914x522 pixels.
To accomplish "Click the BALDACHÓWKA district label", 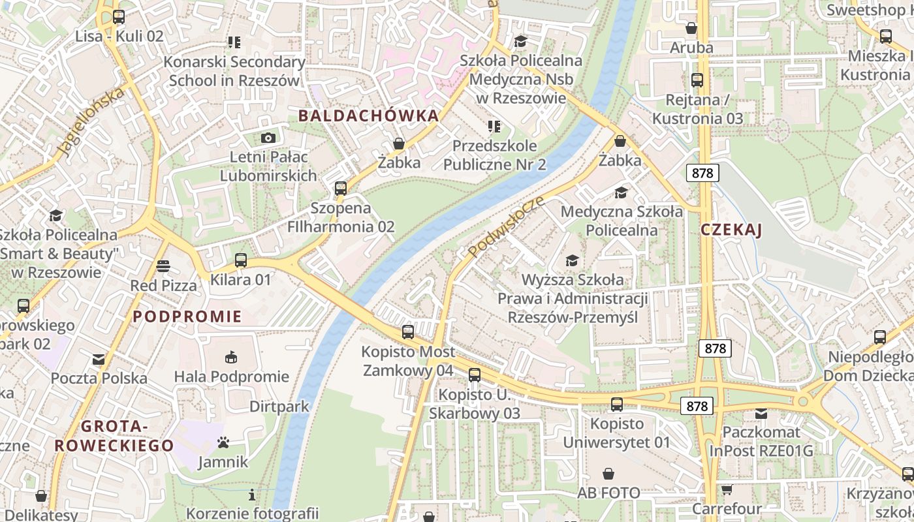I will coord(368,116).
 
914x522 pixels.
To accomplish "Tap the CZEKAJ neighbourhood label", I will coord(731,230).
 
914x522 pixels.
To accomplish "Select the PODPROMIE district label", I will coord(187,317).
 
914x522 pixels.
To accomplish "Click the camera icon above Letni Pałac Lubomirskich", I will coord(268,138).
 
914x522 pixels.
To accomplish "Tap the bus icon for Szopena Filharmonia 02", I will coord(340,189).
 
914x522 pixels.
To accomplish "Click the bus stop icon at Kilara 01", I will coord(240,260).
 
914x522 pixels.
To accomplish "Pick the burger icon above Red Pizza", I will coord(163,266).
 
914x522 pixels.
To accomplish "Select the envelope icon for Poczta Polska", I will coord(99,359).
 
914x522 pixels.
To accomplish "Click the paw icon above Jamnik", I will coord(223,443).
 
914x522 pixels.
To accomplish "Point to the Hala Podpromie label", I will coord(231,376).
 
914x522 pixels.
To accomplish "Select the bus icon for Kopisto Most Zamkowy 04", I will coord(408,332).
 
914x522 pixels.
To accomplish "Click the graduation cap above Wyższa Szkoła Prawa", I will coord(573,260).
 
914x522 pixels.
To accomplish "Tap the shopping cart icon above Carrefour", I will coord(727,489).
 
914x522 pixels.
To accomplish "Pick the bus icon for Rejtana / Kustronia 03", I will coord(697,80).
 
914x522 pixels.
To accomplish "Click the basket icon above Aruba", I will coord(691,28).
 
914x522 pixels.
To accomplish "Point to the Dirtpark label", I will coord(279,407).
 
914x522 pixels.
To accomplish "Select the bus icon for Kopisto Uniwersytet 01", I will coord(616,404).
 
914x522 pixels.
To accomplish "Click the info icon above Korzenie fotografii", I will coord(252,494).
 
